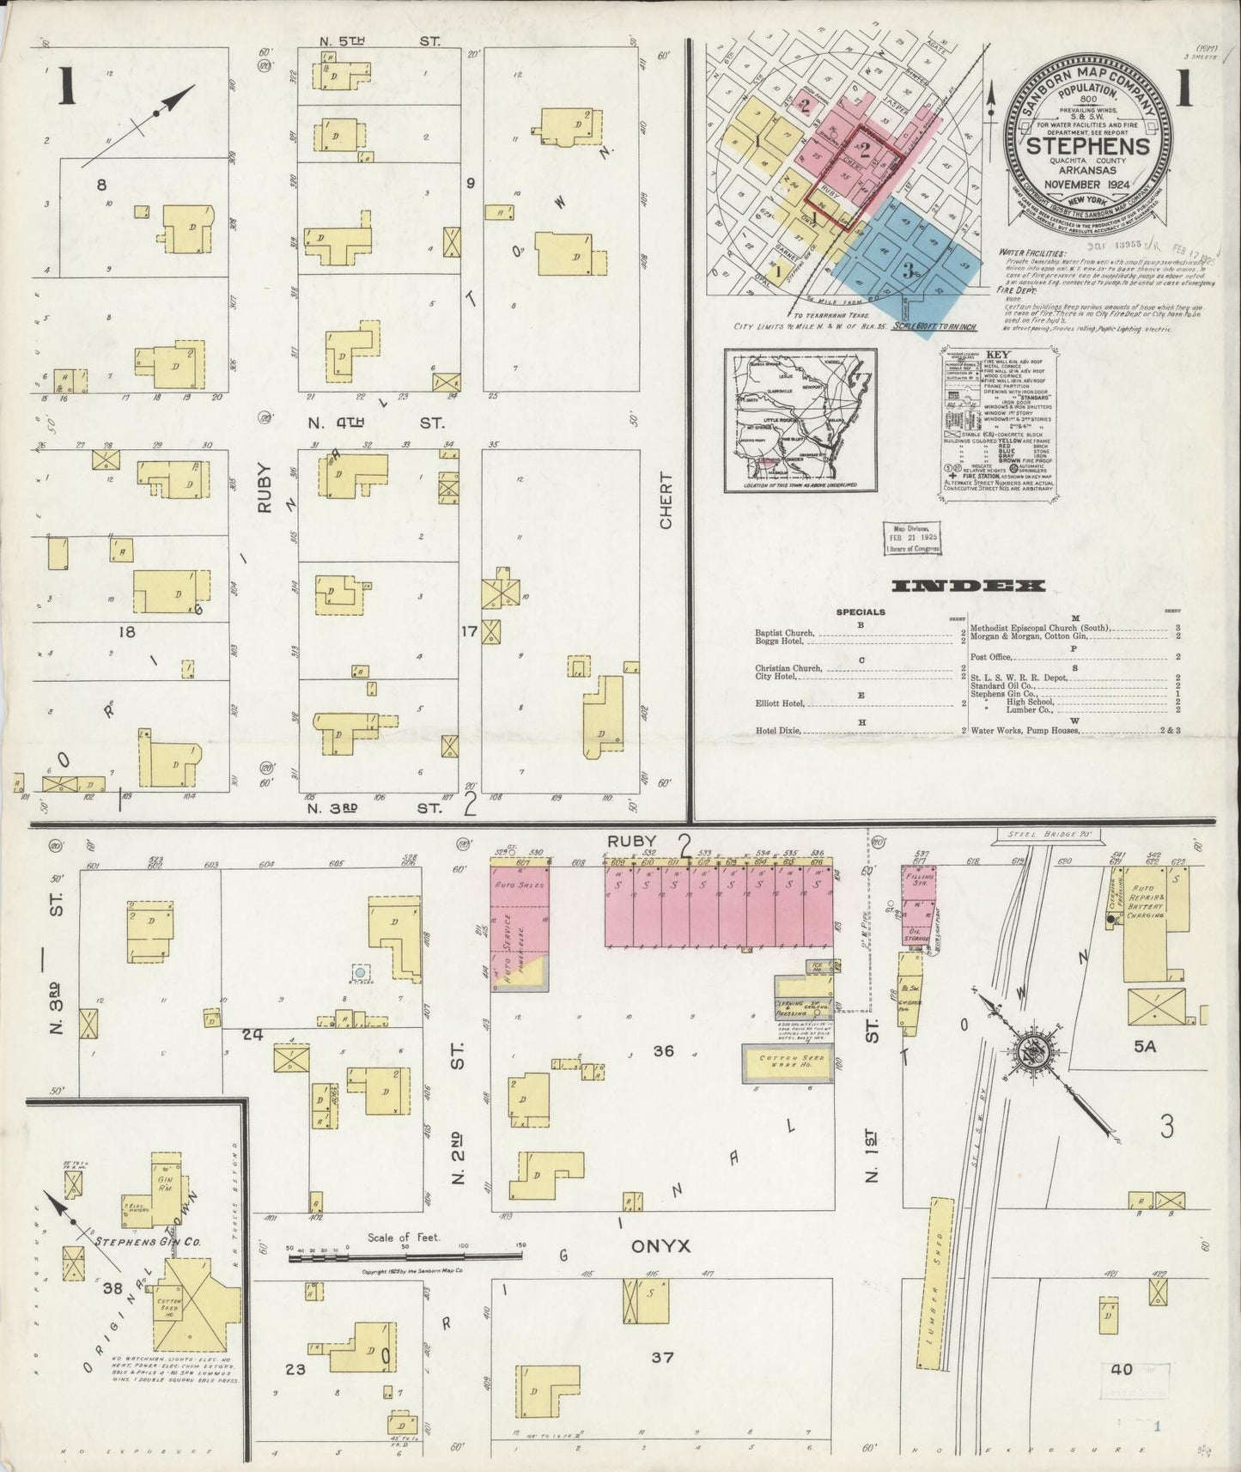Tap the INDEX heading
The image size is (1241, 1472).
968,587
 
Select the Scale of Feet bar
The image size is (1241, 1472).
404,1256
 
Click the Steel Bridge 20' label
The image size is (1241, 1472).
1034,834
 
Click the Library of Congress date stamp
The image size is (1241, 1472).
909,537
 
